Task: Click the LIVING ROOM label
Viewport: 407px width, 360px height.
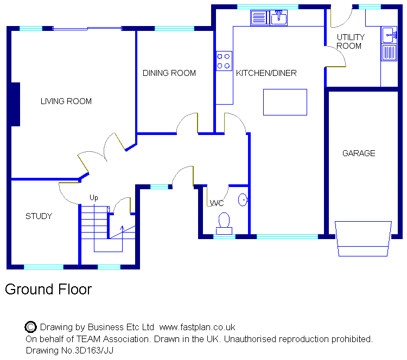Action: [66, 101]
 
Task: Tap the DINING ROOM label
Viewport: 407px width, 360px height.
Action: [169, 73]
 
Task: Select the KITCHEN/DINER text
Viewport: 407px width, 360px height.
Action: [266, 73]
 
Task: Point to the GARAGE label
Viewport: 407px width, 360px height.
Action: [359, 153]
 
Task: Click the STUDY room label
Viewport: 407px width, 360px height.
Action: [39, 216]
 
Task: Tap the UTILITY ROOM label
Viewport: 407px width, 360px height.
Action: [350, 41]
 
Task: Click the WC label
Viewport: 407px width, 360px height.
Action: [217, 203]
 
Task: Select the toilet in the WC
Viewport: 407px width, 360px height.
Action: [224, 222]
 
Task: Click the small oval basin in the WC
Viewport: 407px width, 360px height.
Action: [243, 201]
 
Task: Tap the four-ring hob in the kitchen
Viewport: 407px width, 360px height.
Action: [224, 60]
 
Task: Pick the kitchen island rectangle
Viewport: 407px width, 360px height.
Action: [285, 102]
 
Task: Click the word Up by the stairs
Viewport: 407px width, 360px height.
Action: [94, 198]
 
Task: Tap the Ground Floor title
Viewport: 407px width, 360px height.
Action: [48, 290]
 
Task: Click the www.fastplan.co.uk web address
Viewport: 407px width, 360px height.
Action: [197, 327]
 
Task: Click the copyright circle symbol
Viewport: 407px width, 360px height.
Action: [31, 327]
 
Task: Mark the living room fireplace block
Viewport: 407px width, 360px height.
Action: [15, 104]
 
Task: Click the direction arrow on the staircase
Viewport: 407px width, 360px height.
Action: [122, 230]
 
